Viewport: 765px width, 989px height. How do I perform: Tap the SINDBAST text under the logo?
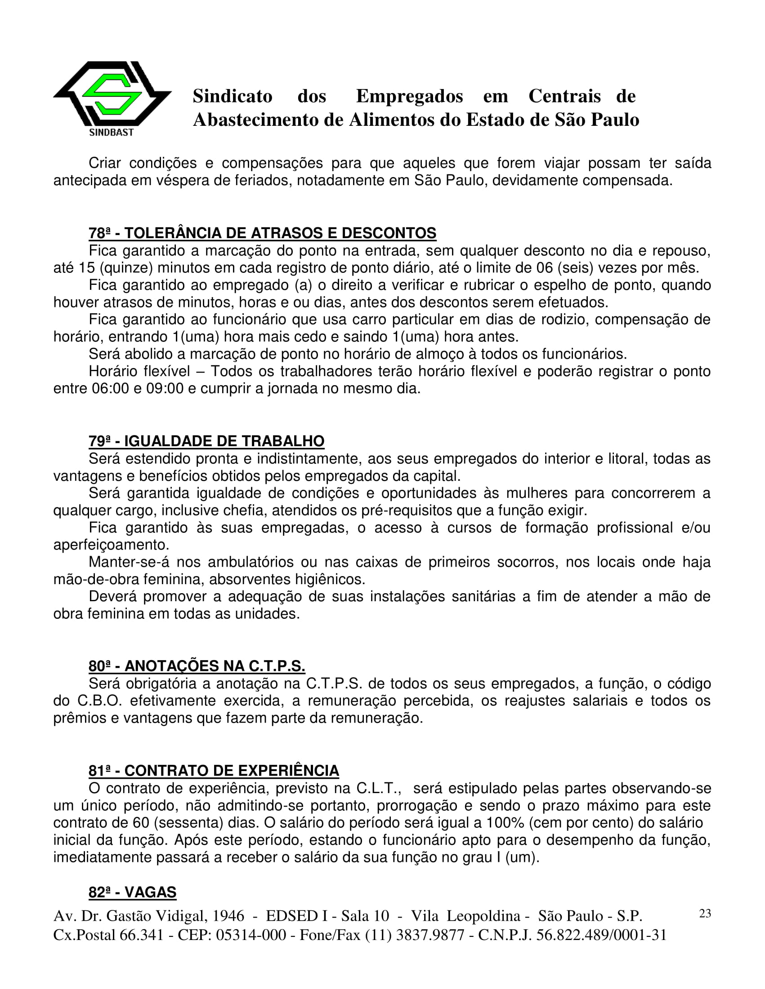112,133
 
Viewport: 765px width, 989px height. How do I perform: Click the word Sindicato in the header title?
233,97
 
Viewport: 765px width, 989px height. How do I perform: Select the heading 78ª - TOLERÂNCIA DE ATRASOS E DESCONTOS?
262,233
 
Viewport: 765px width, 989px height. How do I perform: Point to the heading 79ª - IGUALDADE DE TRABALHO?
207,441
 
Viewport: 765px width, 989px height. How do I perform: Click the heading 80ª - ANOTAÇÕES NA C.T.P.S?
197,666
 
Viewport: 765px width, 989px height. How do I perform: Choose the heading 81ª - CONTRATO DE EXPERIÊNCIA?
214,771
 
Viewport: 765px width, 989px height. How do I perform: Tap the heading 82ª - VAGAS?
132,892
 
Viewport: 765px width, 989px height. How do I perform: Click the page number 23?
705,914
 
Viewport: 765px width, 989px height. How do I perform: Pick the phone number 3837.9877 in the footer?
430,935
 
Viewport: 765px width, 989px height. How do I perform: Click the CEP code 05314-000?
251,935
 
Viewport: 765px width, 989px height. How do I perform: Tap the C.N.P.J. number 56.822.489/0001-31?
601,935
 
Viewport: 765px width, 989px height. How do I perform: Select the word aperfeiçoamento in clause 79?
111,545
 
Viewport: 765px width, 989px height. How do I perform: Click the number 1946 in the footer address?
228,916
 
